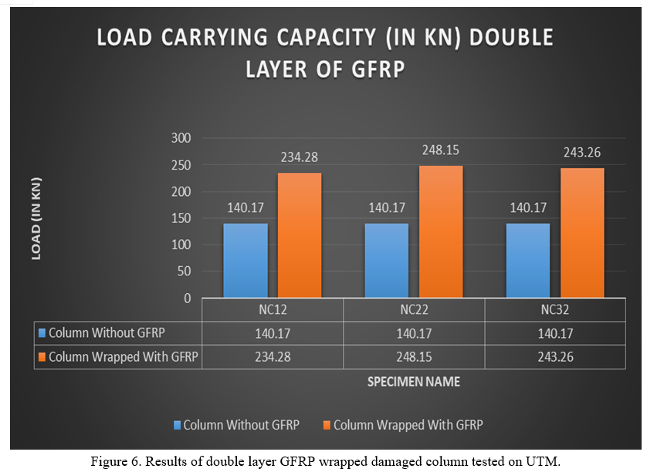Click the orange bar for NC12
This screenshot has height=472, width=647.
(299, 235)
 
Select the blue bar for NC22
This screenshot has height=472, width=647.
(386, 260)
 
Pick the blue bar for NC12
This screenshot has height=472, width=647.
(246, 260)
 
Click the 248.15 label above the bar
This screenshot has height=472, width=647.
(440, 150)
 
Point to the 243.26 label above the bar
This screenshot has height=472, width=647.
(581, 153)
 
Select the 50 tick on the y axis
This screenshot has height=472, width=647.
(184, 271)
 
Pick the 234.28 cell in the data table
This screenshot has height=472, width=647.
(273, 357)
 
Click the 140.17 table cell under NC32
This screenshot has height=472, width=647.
(555, 334)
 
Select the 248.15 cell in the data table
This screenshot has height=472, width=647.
(414, 357)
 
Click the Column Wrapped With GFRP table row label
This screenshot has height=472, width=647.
(122, 357)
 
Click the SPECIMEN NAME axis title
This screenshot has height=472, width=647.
(414, 382)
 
